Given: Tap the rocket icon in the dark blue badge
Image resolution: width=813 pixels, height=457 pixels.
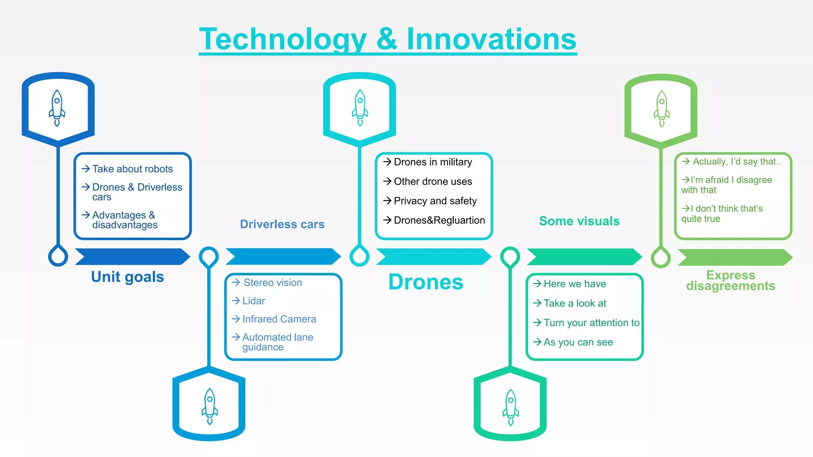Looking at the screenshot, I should point(57,108).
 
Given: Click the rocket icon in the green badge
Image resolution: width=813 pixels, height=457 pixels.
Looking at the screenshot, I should point(661,108).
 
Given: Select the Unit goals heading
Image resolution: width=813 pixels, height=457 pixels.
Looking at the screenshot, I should point(127,277).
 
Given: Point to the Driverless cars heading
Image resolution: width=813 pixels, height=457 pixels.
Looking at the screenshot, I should point(282,224).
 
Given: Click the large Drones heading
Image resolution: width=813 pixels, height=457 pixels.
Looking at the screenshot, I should point(426,282).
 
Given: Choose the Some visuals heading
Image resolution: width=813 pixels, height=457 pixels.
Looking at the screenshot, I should point(579,221).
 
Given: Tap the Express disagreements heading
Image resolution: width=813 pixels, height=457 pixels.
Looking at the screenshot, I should point(730,280).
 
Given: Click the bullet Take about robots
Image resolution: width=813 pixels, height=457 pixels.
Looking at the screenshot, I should point(132,169).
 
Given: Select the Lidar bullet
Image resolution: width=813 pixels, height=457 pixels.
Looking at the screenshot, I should point(253,301).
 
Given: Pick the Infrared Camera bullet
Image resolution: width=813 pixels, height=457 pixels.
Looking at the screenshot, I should point(279,319).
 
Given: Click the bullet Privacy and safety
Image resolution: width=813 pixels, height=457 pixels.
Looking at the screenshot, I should point(435,201).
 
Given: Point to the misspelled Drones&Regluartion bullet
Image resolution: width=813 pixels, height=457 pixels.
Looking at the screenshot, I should point(439,220).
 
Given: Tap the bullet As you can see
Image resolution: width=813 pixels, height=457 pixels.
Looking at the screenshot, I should point(578,342).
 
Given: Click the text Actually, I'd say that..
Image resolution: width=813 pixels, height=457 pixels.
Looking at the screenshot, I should point(736,161).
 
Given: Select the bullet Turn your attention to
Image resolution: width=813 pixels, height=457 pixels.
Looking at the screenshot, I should point(591,323).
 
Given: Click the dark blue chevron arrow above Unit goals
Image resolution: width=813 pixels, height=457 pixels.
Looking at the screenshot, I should point(132,257).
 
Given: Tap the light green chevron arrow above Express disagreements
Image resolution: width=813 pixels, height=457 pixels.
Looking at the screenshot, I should point(735,257).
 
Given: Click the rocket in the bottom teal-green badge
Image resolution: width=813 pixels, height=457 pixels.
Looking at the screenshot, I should point(511,407).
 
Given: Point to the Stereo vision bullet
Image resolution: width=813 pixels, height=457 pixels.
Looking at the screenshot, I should point(272,282).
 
